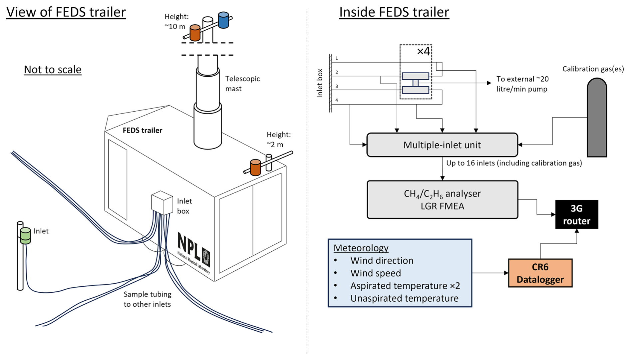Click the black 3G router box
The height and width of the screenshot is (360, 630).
(576, 214)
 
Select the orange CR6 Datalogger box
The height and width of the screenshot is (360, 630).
(540, 273)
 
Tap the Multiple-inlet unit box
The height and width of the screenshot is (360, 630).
(442, 145)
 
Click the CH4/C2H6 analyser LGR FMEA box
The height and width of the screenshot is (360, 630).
(442, 199)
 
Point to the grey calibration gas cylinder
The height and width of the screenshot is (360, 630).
(596, 118)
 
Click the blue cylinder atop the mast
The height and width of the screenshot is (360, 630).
(223, 20)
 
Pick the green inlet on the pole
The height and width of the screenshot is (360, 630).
(25, 235)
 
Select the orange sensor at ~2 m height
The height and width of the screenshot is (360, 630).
(255, 167)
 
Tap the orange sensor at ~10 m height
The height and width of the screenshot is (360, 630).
(195, 33)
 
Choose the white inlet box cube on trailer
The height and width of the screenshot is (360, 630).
(162, 202)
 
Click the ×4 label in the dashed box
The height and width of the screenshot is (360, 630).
(423, 51)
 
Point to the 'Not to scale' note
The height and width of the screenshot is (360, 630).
(53, 70)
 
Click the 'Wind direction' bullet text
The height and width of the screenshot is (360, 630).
(382, 260)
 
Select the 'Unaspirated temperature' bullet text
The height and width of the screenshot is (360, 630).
(404, 298)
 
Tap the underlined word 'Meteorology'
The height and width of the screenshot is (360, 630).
(361, 248)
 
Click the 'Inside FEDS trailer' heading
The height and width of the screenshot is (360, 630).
(394, 12)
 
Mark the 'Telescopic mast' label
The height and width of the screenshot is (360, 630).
(242, 84)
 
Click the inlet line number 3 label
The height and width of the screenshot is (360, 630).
(337, 86)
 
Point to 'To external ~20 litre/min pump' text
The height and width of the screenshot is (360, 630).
(522, 84)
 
